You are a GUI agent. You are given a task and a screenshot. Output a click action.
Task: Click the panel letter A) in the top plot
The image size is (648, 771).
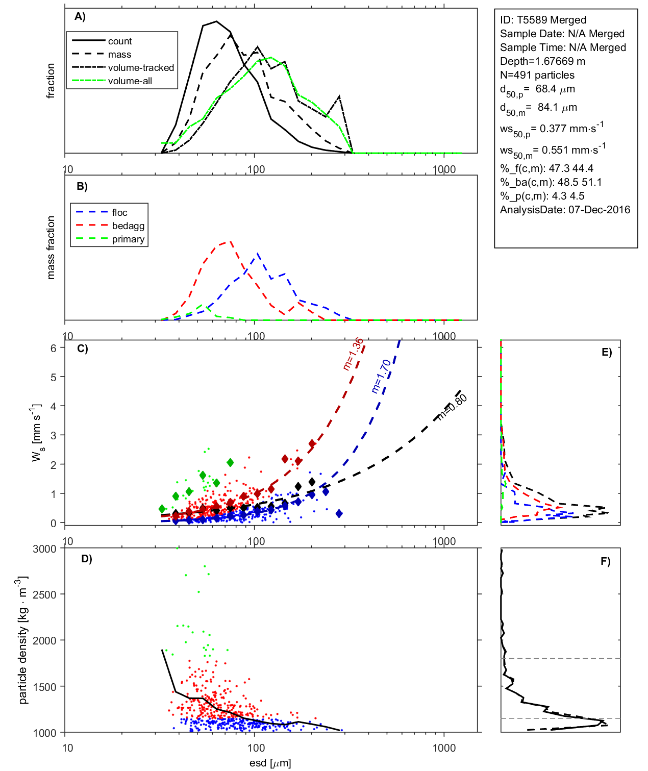80,17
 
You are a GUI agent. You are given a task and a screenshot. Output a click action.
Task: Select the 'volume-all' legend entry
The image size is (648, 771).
130,81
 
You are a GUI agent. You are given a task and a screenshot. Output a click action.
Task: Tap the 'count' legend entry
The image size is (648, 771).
119,41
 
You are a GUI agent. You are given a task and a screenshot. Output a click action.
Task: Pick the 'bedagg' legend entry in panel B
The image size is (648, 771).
128,226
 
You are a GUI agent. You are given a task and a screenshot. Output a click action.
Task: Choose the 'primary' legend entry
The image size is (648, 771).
128,239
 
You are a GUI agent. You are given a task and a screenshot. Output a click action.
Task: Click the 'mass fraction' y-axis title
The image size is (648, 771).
51,247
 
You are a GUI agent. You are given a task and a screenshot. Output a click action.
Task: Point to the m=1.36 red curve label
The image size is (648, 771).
353,354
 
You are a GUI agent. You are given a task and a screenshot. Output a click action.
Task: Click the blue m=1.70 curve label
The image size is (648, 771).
381,376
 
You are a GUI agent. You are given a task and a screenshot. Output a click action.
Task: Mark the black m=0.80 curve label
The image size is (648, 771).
452,407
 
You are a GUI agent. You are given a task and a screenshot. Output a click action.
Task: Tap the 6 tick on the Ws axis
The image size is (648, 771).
54,348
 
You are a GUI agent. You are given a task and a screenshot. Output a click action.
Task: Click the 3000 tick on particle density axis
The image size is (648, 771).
44,549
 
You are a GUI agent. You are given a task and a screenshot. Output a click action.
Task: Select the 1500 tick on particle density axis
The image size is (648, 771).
44,687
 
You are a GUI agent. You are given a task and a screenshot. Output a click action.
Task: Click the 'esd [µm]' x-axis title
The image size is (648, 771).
270,763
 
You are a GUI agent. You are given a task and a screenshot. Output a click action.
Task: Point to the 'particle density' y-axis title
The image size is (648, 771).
23,640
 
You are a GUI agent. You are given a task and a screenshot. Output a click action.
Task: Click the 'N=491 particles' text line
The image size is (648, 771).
537,75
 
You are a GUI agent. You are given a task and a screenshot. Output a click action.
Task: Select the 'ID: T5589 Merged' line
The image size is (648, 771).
543,20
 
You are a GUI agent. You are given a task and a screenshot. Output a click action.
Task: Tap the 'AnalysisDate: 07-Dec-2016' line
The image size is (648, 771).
565,210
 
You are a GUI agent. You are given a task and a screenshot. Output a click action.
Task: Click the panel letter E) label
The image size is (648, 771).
606,352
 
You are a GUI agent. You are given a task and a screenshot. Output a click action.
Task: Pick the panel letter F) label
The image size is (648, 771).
605,561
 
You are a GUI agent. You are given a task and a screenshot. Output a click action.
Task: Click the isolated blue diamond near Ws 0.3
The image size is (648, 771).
339,514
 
